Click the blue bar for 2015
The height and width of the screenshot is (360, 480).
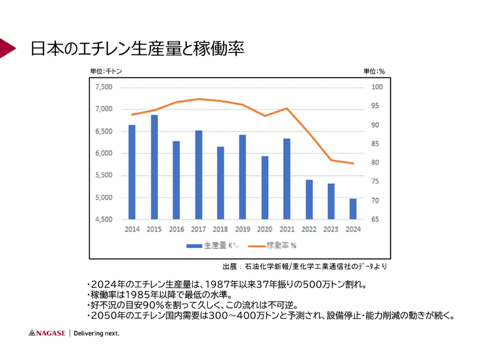[x=154, y=167]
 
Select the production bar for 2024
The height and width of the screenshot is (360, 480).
[x=353, y=209]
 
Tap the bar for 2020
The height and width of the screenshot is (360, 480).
[x=265, y=188]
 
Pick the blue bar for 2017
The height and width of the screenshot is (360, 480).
[x=199, y=175]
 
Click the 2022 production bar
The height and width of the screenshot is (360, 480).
[x=309, y=200]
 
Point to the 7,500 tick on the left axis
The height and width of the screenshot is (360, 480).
[x=104, y=87]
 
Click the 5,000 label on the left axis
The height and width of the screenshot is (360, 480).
[x=104, y=198]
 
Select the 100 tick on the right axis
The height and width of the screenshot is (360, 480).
[x=377, y=87]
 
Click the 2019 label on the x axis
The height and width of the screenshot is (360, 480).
[x=243, y=230]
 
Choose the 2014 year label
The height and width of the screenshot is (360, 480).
[x=132, y=230]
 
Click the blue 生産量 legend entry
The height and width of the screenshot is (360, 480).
[x=207, y=245]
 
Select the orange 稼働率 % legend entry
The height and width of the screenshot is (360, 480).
[x=272, y=245]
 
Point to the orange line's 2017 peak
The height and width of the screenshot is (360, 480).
[x=199, y=99]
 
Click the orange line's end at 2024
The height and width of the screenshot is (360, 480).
[x=353, y=163]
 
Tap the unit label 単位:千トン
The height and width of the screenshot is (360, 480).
[x=106, y=71]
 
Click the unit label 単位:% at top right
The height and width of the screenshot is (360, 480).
[x=374, y=71]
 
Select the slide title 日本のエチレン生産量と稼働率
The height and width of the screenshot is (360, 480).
[x=137, y=49]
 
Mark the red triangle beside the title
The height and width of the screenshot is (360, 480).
[x=7, y=47]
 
